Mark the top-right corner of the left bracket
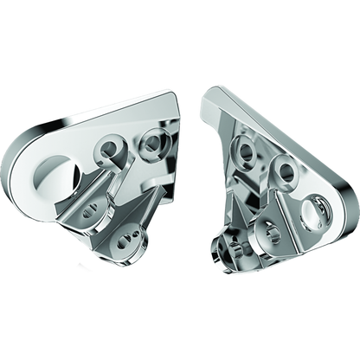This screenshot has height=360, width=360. click(181, 98)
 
